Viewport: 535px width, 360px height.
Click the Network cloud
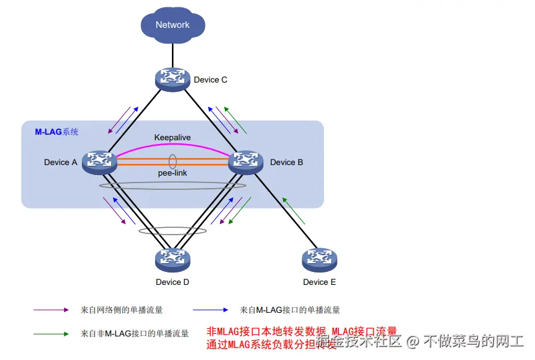click(x=173, y=25)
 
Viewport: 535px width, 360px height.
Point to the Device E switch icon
click(x=319, y=260)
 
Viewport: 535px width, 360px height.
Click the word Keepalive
click(x=172, y=137)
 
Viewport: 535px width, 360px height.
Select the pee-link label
click(x=172, y=173)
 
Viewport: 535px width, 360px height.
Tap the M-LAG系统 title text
click(x=56, y=132)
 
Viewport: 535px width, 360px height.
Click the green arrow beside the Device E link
click(x=294, y=210)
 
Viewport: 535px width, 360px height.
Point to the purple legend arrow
click(x=50, y=309)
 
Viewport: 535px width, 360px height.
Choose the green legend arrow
click(x=50, y=333)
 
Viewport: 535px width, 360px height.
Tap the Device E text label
click(x=319, y=282)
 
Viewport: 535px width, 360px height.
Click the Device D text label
click(x=173, y=282)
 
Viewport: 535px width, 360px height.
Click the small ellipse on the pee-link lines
click(x=173, y=161)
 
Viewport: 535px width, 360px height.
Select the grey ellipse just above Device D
click(x=173, y=230)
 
